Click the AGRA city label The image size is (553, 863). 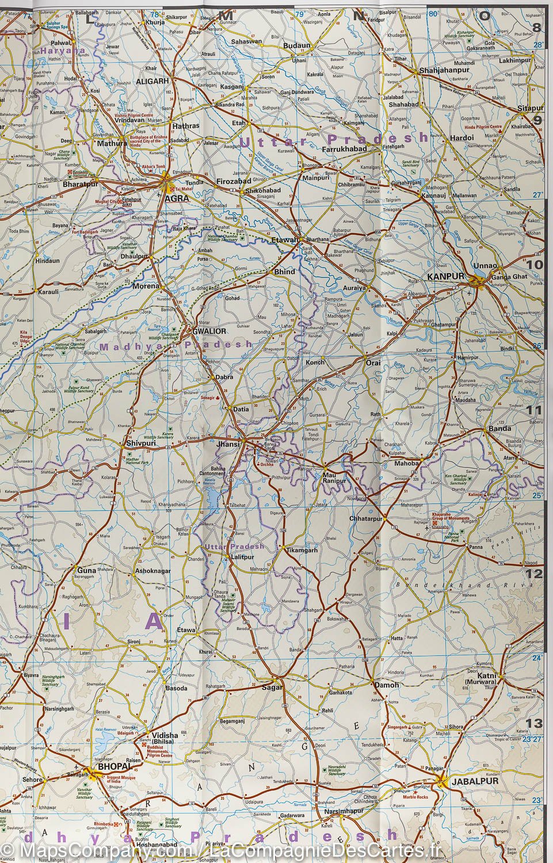click(x=173, y=197)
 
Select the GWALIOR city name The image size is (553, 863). click(x=209, y=332)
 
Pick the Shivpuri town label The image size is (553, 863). click(x=142, y=444)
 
